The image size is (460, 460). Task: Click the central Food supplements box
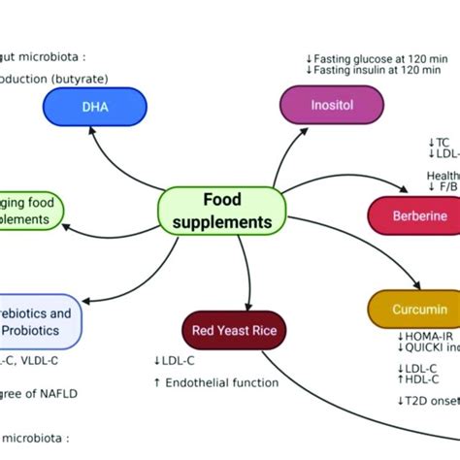[221, 210]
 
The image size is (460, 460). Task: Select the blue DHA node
[94, 106]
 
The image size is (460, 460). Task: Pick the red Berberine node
[413, 215]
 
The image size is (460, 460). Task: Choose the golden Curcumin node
[413, 309]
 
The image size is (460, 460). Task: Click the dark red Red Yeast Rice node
[233, 331]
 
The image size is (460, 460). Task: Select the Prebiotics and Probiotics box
[39, 321]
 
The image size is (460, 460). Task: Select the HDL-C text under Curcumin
[424, 379]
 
